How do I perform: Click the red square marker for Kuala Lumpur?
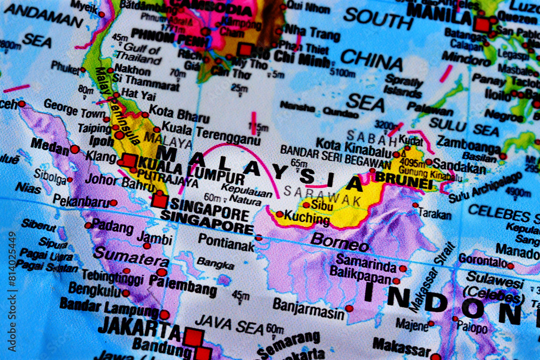(x=129, y=160)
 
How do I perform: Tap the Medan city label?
(x=50, y=145)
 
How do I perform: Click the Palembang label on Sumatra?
(x=183, y=285)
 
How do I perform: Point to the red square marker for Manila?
(x=482, y=24)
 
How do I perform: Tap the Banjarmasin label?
(x=308, y=308)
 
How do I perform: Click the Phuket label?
(x=65, y=67)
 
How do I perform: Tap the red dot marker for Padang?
(x=88, y=225)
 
